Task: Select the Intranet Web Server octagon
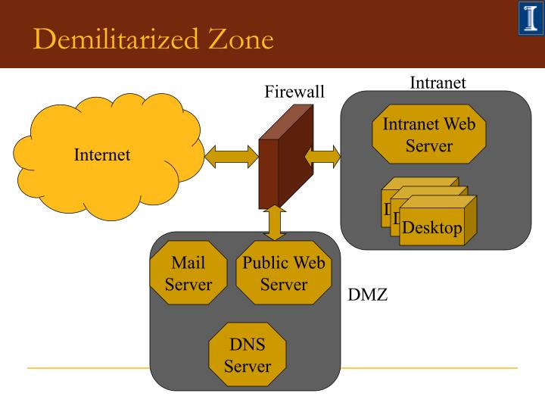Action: pos(429,134)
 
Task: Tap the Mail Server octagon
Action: pos(188,273)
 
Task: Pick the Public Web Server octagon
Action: pos(284,273)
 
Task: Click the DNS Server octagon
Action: pos(248,355)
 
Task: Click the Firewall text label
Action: pos(294,92)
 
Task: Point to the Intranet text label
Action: pos(438,83)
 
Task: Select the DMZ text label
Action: pos(368,295)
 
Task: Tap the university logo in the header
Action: pos(529,19)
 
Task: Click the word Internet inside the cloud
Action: pos(102,155)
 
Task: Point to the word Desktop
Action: pos(432,228)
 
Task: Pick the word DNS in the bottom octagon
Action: pos(248,345)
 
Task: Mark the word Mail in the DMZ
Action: pos(188,264)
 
